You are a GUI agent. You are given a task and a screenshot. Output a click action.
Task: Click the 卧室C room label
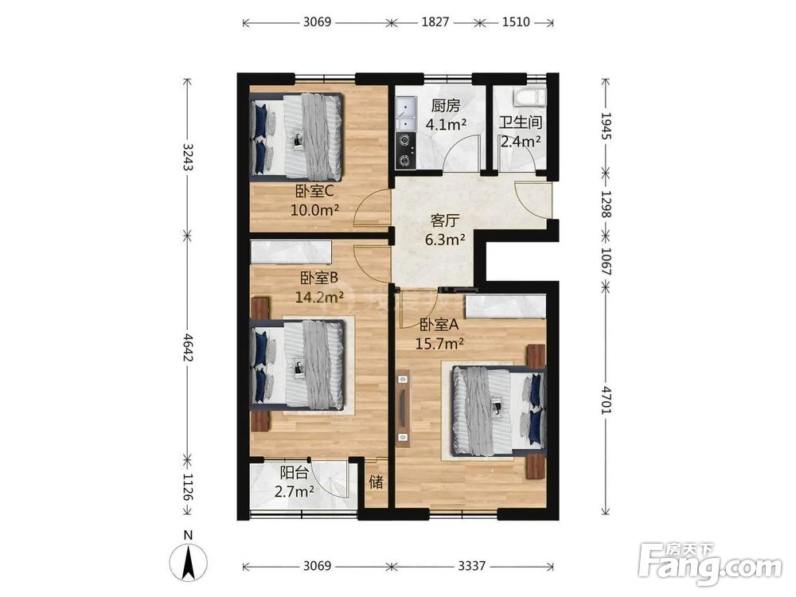314,192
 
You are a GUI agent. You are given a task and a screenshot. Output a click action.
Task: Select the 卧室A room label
439,325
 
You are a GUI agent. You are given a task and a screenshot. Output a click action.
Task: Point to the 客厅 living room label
445,220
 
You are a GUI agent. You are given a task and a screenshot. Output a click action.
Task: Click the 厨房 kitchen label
446,106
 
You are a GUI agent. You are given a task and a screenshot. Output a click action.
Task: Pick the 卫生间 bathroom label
521,123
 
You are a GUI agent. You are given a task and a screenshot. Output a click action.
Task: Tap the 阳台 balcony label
295,473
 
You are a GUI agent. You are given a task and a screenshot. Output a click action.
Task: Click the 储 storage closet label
377,482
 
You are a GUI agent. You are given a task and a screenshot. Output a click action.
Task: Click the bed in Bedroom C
297,137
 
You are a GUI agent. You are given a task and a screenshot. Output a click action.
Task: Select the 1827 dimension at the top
435,21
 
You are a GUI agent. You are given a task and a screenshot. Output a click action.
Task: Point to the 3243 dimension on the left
188,157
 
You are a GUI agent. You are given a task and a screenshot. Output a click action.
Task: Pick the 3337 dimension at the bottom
471,565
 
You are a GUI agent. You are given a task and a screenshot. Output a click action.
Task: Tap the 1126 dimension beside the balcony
188,487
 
